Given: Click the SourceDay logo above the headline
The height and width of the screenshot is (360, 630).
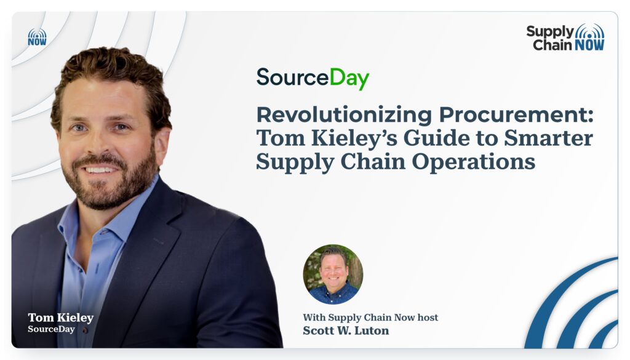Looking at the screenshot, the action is click(x=313, y=78).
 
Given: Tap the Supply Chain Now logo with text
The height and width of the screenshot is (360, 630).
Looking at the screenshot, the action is click(x=565, y=38).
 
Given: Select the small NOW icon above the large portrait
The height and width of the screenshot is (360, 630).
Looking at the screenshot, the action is click(x=37, y=37).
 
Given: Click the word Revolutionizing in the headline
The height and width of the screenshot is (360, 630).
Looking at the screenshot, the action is click(x=344, y=115).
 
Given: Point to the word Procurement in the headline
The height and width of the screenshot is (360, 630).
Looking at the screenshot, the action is click(x=516, y=115).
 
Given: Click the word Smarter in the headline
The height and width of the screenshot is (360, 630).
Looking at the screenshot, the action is click(x=548, y=138).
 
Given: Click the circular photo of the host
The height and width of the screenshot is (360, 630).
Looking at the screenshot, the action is click(x=333, y=274).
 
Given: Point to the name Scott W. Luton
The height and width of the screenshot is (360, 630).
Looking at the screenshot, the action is click(x=346, y=330).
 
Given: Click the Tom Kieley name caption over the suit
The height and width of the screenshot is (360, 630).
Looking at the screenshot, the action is click(x=61, y=318).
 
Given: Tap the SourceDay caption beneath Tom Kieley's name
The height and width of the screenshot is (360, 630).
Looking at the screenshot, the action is click(x=52, y=329).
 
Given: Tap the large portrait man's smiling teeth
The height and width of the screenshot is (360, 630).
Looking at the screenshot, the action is click(x=99, y=170).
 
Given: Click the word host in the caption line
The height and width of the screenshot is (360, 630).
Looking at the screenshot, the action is click(x=428, y=318).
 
